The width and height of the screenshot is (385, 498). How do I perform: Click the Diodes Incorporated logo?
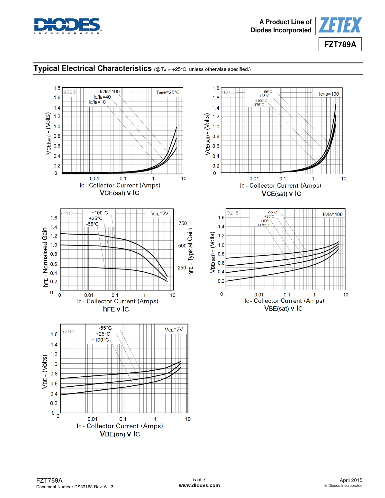(68, 26)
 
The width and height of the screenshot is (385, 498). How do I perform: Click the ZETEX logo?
(340, 25)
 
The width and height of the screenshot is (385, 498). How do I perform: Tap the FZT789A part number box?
(340, 44)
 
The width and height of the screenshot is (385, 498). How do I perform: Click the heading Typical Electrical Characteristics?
(92, 69)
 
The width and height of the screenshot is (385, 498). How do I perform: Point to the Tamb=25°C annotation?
(168, 92)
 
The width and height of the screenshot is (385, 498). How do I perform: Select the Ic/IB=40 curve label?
(102, 97)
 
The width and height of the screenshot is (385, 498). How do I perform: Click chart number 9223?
(69, 92)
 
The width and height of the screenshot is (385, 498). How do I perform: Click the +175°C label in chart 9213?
(258, 105)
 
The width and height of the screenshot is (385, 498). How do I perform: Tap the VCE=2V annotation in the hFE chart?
(160, 213)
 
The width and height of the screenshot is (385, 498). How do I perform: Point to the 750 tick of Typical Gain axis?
(183, 223)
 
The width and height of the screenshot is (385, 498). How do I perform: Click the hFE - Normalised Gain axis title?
(45, 257)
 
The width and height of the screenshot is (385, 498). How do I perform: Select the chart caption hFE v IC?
(116, 309)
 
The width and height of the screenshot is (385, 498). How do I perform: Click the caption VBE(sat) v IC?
(283, 308)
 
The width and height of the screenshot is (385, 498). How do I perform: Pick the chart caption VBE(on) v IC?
(120, 434)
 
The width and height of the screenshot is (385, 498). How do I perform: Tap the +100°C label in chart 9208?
(100, 340)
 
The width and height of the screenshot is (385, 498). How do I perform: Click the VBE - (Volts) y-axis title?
(45, 372)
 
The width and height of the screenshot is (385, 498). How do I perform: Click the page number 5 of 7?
(199, 480)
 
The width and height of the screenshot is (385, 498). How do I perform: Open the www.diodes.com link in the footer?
(199, 485)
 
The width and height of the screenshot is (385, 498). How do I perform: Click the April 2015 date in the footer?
(351, 480)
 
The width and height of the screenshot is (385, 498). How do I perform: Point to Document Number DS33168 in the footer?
(75, 487)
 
